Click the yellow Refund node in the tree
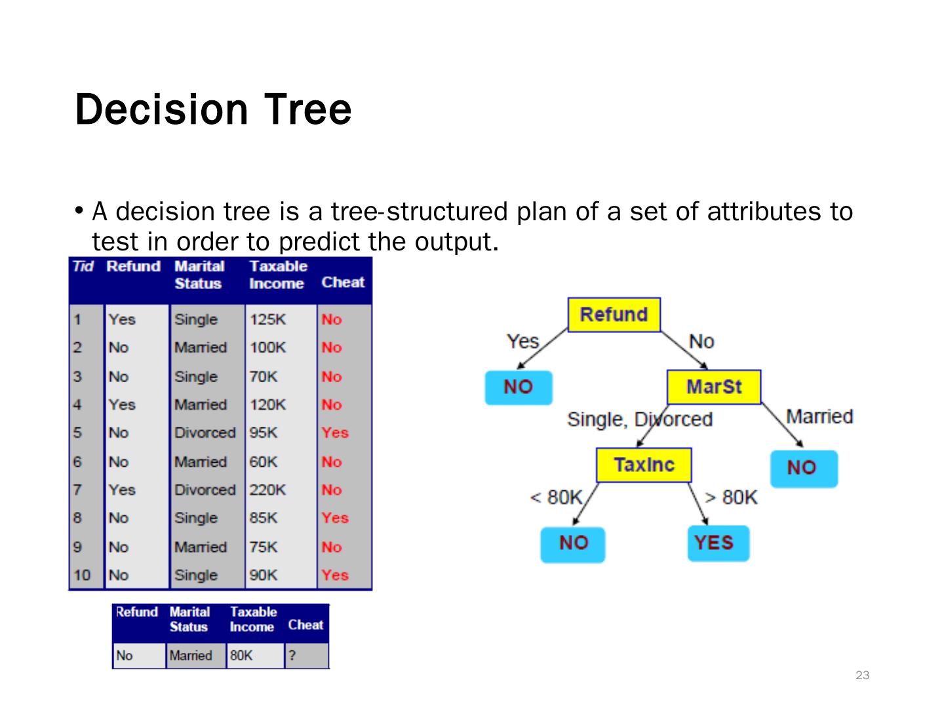(x=614, y=315)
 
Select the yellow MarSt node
(x=714, y=387)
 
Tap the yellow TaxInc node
(x=643, y=465)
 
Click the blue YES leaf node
(x=718, y=543)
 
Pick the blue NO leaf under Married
(x=803, y=468)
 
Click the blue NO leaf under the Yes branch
(x=518, y=387)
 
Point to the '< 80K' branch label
(x=556, y=498)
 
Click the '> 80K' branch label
(x=731, y=498)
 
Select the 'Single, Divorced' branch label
(x=639, y=419)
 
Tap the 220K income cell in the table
(x=267, y=490)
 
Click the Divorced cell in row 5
(x=205, y=433)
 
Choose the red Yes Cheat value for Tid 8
(x=334, y=518)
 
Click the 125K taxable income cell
(x=267, y=319)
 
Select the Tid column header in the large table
(x=83, y=267)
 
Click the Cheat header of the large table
(x=343, y=283)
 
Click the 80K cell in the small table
(x=241, y=656)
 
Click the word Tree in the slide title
(x=308, y=109)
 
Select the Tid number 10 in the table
(x=82, y=575)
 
